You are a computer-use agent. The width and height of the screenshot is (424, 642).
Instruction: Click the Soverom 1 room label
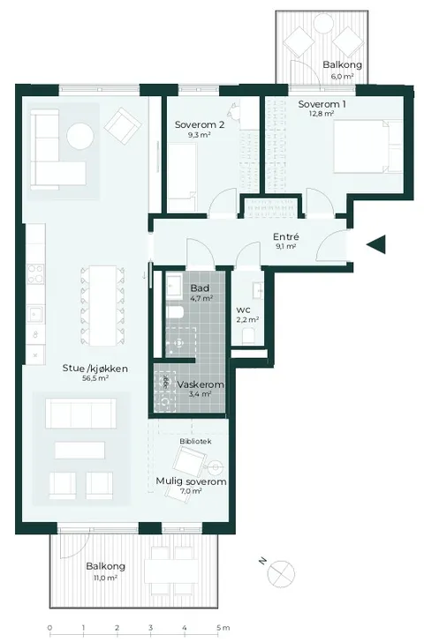322,104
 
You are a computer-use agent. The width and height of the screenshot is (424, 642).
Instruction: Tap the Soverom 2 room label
200,124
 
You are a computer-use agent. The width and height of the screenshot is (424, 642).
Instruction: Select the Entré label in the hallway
286,236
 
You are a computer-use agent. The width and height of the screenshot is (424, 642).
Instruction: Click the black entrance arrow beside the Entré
376,244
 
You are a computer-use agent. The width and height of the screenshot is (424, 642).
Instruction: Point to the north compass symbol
281,573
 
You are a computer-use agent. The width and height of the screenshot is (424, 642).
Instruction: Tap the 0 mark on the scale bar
49,627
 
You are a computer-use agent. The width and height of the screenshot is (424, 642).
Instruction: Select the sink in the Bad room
175,286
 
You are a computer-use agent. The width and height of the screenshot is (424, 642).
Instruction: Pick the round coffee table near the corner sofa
80,136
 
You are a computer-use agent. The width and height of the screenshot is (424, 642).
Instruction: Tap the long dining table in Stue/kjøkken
103,305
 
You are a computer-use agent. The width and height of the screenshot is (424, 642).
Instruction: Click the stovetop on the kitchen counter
35,273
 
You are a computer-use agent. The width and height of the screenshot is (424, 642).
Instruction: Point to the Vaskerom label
201,384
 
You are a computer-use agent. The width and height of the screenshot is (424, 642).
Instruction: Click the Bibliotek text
195,441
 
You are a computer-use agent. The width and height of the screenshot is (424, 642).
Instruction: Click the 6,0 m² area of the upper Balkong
343,76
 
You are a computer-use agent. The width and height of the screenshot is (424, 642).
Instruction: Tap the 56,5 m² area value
95,378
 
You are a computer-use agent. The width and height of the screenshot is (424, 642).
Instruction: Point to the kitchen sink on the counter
34,314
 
